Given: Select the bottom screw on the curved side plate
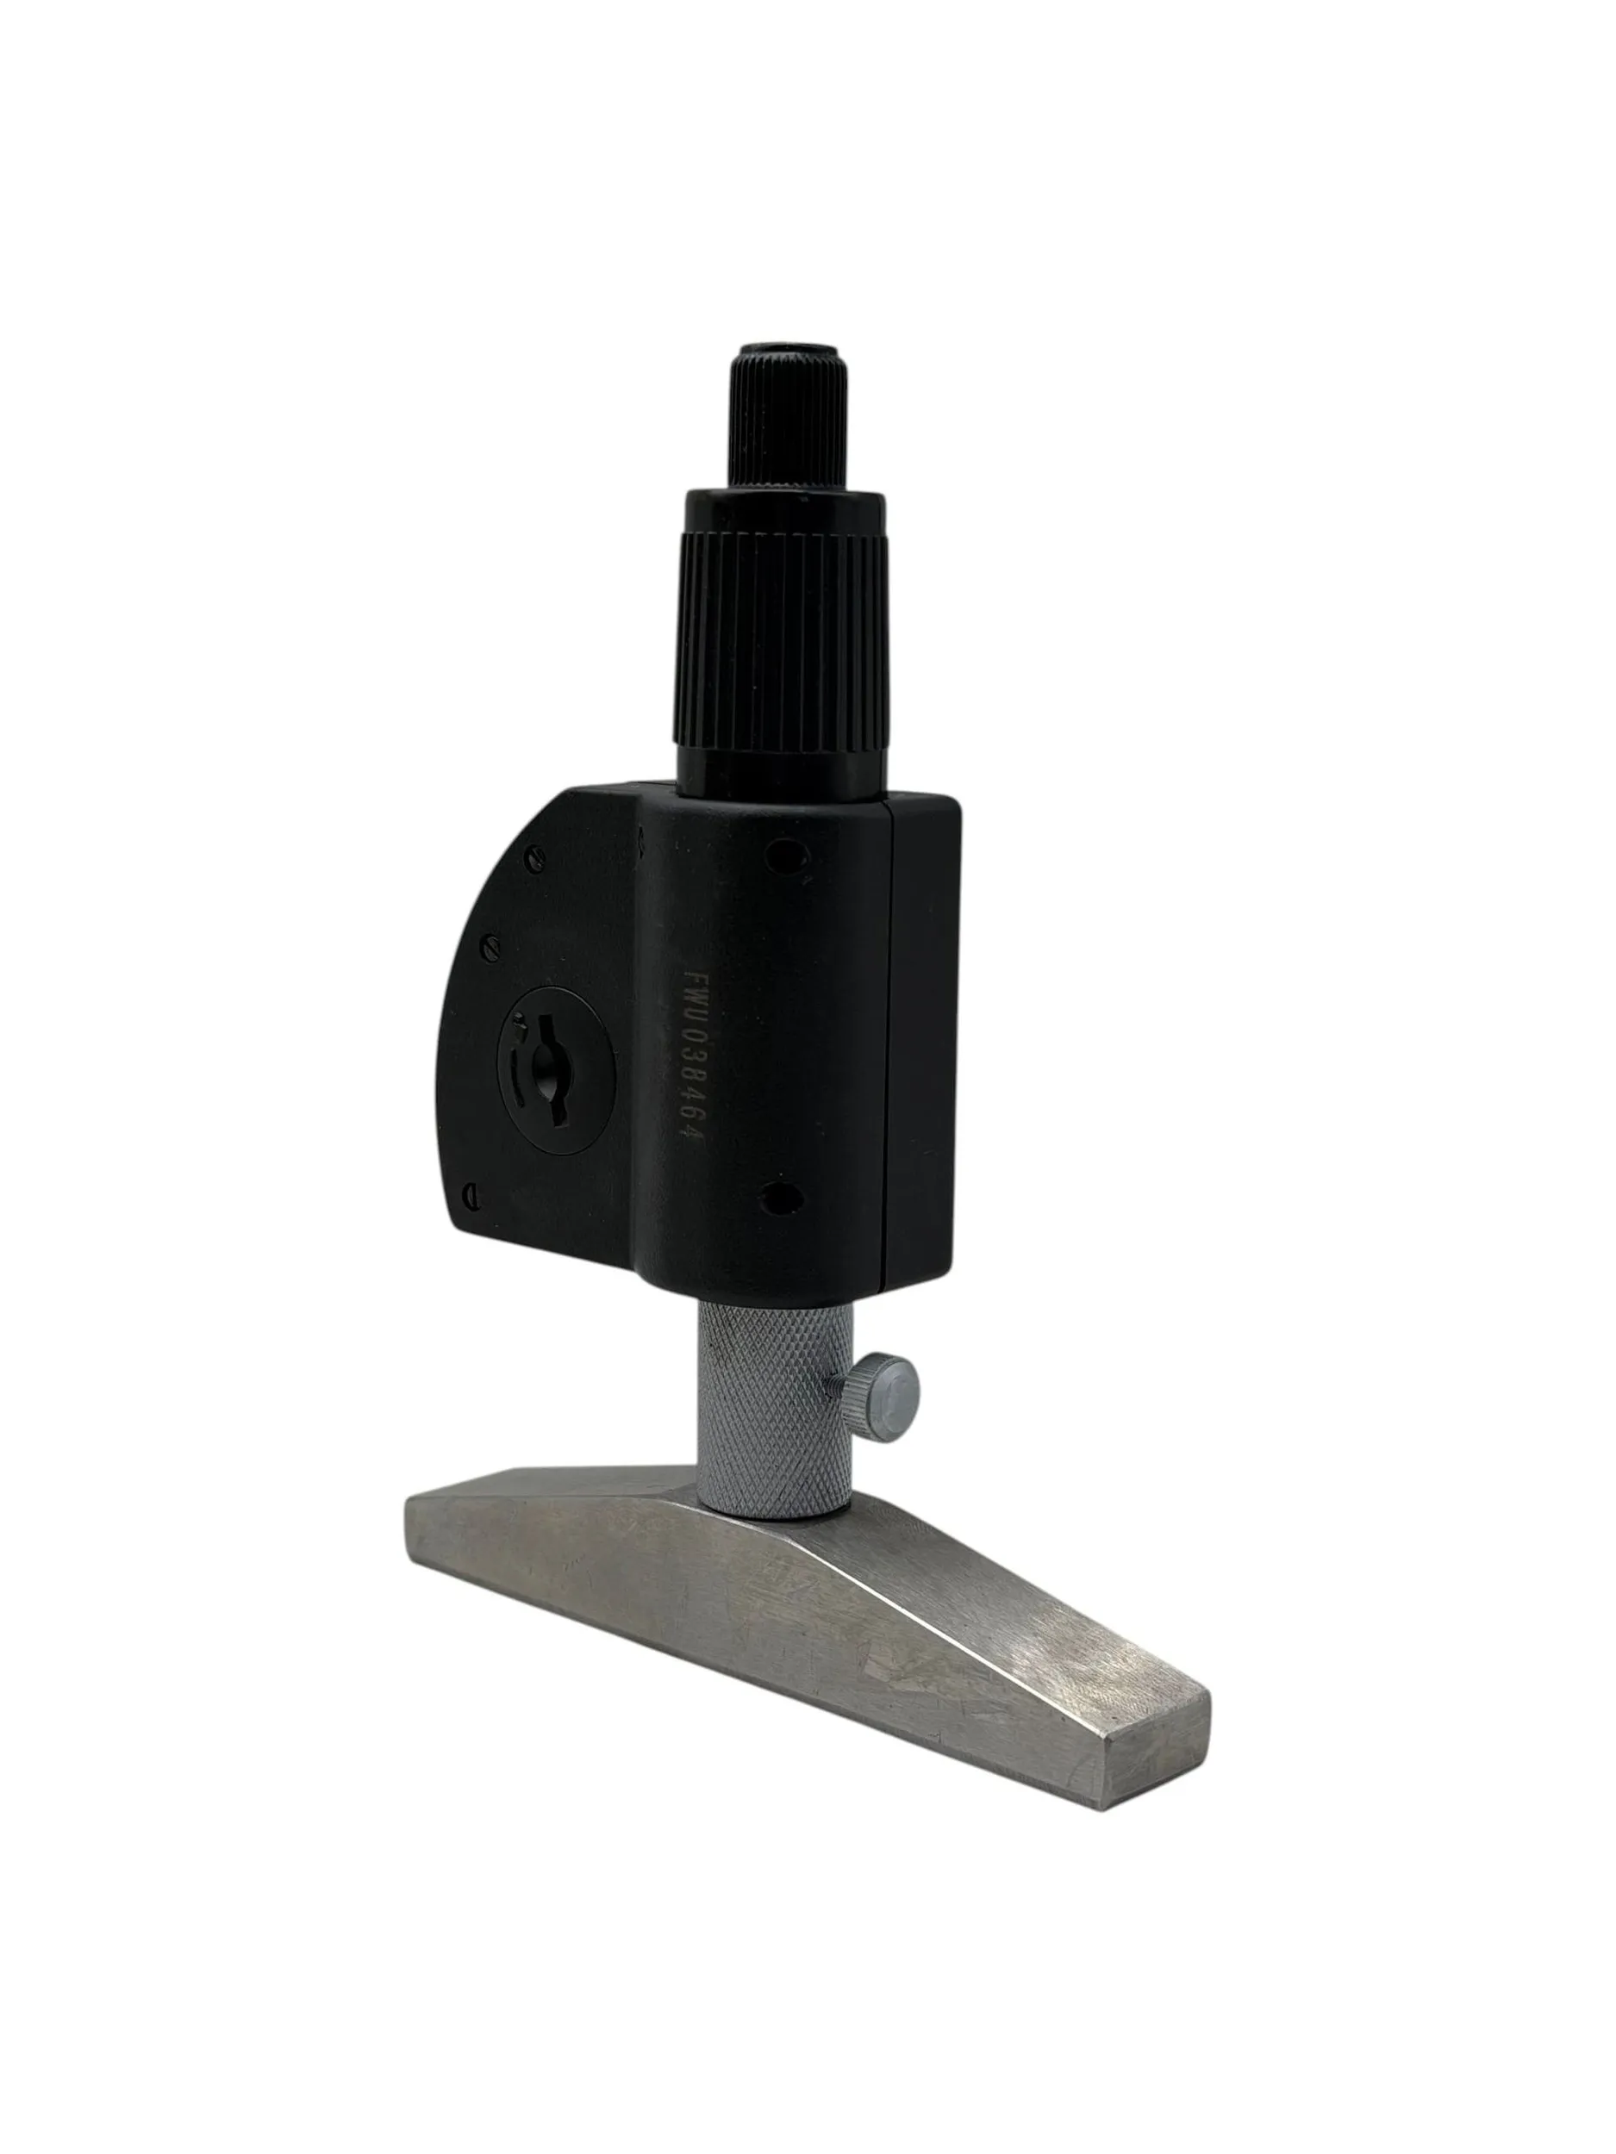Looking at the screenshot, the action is [471, 1191].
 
